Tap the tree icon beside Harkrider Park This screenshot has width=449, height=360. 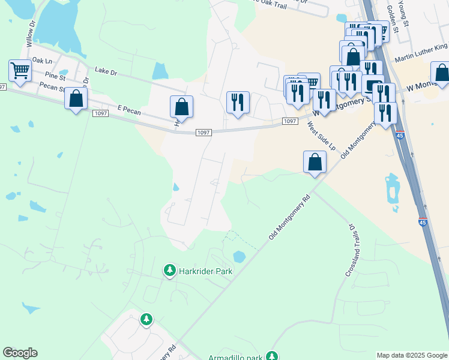(170, 271)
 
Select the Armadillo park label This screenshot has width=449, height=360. (235, 358)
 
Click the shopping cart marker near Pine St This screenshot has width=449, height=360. (20, 71)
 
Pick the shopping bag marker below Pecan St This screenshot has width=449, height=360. (76, 100)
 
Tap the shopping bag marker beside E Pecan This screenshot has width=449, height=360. (181, 107)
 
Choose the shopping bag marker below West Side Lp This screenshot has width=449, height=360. (315, 162)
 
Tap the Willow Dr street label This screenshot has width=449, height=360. (31, 37)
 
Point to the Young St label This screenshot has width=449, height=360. (403, 14)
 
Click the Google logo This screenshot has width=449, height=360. (20, 353)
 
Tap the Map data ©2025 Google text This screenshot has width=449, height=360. (411, 355)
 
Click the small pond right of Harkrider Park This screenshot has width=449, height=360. (239, 257)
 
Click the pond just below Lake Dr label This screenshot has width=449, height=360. (160, 71)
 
